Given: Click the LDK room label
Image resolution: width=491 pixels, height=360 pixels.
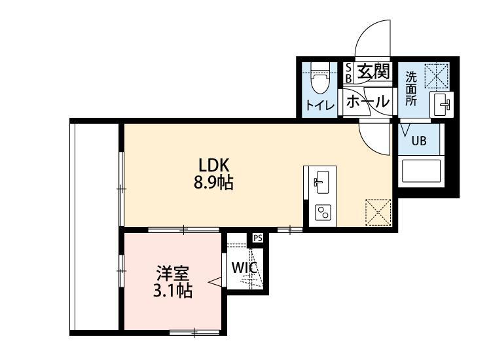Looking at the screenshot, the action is point(214,165).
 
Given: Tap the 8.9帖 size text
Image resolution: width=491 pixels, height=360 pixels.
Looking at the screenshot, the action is point(213,183).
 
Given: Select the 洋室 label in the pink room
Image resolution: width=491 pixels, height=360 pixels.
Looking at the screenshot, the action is point(173,274).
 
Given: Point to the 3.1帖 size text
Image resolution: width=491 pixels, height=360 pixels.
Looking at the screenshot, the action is point(173,291).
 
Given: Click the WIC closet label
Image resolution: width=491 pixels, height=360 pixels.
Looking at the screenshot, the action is point(245,268).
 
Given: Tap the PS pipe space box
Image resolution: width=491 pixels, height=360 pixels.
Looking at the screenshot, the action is point(258,238).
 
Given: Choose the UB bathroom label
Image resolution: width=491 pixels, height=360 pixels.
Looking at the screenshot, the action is point(419,141).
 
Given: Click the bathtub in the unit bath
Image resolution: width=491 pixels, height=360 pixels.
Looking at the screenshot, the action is point(421,171).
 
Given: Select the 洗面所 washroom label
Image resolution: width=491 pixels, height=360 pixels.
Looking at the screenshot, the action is point(411,88).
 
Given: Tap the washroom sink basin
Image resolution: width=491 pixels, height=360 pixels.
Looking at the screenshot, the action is point(441,105).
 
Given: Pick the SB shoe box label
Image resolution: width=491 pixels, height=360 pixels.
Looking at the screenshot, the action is point(348,73).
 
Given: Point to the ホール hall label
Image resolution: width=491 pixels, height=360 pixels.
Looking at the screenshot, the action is point(368,101).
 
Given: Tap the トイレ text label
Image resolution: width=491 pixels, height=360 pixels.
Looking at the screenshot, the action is point(320,105).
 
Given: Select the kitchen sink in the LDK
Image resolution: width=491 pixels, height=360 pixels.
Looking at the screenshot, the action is point(321,182).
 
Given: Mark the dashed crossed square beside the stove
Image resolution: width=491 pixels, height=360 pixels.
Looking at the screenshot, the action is point(378,212).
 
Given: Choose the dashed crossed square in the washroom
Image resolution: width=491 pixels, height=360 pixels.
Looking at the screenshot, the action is point(437,76).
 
